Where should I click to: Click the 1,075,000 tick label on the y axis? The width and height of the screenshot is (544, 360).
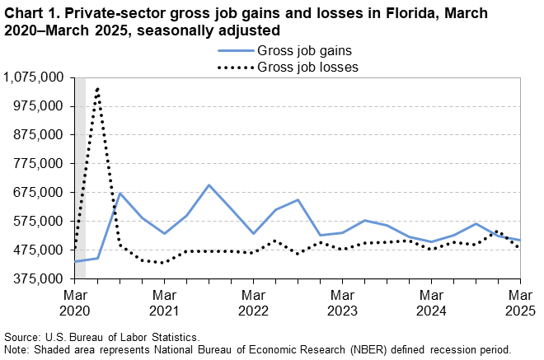click(x=35, y=77)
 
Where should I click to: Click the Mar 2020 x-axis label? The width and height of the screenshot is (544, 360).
click(x=75, y=302)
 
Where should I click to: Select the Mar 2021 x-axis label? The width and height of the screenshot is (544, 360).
click(x=164, y=302)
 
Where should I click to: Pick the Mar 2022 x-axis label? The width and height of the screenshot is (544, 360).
click(x=253, y=302)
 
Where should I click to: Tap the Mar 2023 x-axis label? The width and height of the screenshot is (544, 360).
click(x=342, y=302)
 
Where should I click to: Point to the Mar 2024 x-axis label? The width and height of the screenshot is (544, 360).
click(x=431, y=302)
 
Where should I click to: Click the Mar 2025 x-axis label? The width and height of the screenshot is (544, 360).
click(x=518, y=302)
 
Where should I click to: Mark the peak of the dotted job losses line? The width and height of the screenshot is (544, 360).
click(x=98, y=88)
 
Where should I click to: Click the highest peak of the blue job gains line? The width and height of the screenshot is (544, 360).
click(x=209, y=185)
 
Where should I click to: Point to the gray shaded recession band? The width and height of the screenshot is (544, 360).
click(x=80, y=165)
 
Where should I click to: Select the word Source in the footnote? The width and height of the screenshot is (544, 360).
click(x=24, y=337)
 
